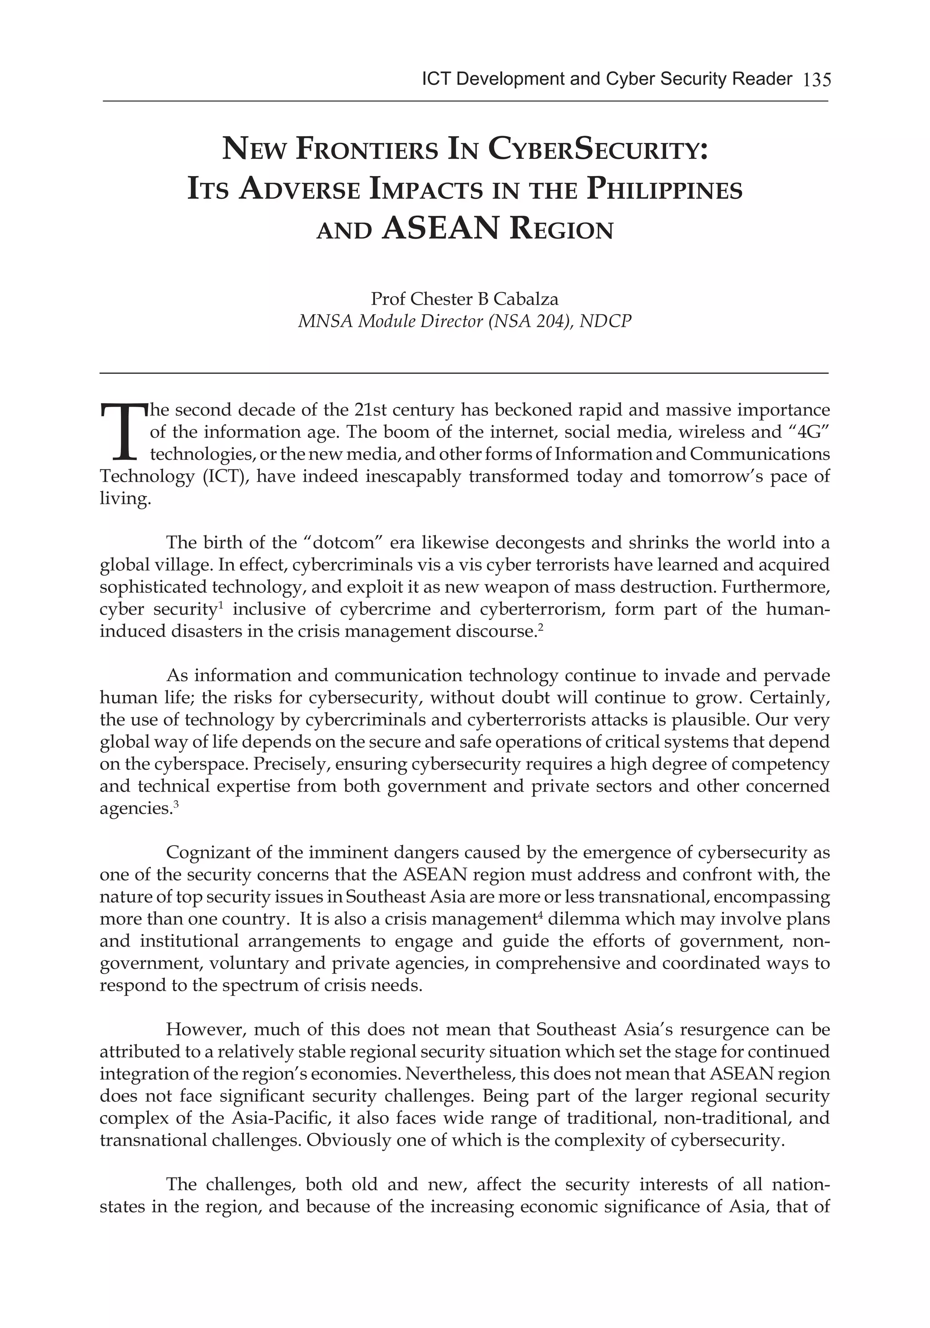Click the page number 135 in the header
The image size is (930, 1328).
(816, 79)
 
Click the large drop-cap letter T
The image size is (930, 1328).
(123, 432)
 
